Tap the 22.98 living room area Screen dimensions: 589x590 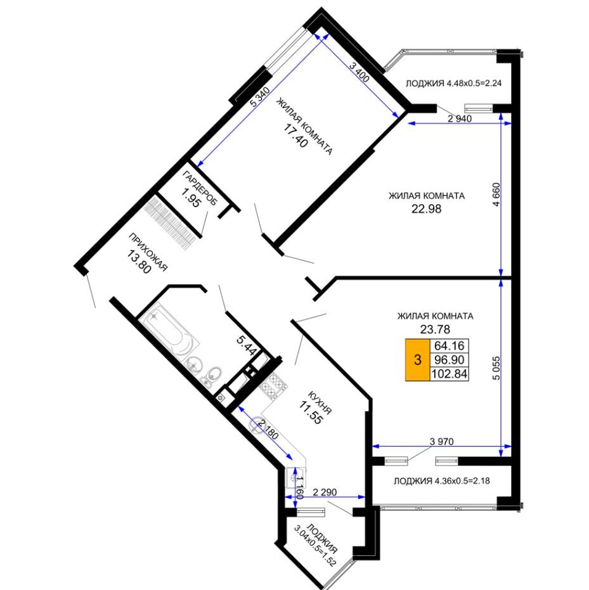[x=426, y=208]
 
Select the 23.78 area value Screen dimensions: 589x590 [x=435, y=330]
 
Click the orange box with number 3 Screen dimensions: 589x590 [x=417, y=360]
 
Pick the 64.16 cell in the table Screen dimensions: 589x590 [x=450, y=345]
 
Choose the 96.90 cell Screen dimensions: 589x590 [x=450, y=360]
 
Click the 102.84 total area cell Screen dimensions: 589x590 [x=450, y=374]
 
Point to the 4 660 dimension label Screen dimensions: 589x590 [x=497, y=195]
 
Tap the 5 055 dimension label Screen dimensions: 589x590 [x=497, y=368]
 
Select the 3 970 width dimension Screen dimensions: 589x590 [x=442, y=441]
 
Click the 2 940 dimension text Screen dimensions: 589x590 [x=460, y=119]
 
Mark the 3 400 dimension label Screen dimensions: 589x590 [x=359, y=72]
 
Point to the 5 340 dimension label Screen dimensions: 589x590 [x=260, y=97]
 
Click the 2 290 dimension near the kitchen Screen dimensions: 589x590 [x=325, y=492]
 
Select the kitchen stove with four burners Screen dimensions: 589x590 [x=273, y=386]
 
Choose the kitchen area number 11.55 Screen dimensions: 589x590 [x=311, y=413]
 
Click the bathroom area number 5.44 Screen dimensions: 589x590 [x=247, y=345]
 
